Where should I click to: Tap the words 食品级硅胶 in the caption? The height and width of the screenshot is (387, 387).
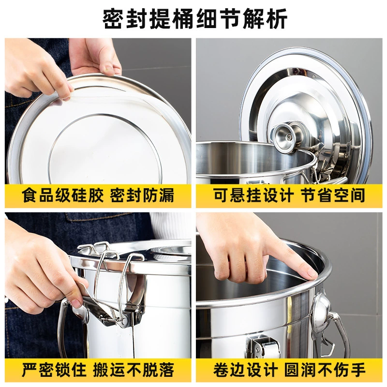click(62, 195)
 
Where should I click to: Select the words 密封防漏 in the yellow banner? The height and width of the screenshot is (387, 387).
click(142, 195)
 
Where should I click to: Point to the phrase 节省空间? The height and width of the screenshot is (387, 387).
click(333, 195)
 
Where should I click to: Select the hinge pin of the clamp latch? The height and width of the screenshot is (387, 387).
click(126, 320)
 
